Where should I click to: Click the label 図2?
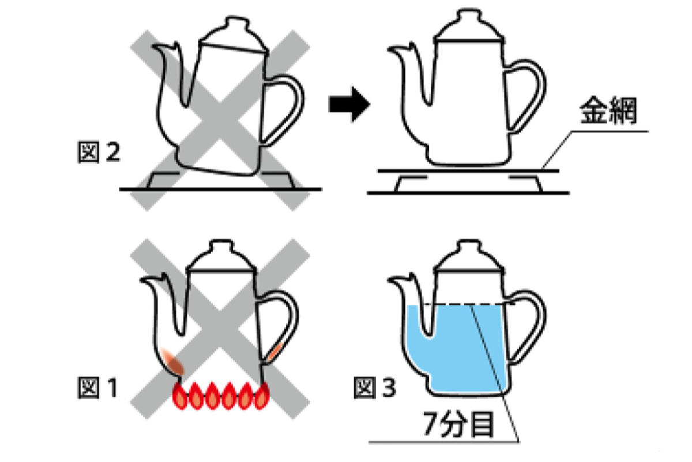(98, 152)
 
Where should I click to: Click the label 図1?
(97, 388)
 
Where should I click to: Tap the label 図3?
(375, 388)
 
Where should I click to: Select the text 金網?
(608, 110)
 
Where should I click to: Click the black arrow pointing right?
(349, 105)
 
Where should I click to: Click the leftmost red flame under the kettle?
(180, 396)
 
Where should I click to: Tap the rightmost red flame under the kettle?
(262, 396)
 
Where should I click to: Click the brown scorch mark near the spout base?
(172, 362)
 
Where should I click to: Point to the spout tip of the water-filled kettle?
(390, 280)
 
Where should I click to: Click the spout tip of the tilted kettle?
(155, 47)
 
